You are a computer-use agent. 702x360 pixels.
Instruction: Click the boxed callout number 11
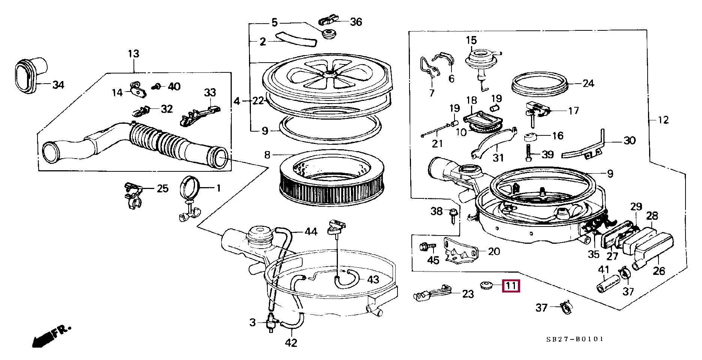point(511,286)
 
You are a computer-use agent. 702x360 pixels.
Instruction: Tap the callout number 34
point(58,85)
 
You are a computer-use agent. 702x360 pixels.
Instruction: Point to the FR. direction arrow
point(51,336)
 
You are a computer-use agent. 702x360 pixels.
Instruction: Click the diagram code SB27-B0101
point(575,339)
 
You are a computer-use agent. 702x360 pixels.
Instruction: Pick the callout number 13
point(133,54)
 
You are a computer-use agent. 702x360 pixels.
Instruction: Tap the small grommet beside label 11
point(486,285)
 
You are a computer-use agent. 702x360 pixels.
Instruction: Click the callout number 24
point(588,83)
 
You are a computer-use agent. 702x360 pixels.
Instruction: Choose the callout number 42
point(291,342)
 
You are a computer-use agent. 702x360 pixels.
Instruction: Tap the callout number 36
point(356,22)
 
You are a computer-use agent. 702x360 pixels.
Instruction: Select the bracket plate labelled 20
point(460,250)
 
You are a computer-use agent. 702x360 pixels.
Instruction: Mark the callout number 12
point(663,120)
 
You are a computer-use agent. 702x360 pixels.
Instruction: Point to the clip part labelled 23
point(432,292)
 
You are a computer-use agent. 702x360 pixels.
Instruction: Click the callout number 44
point(311,232)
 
